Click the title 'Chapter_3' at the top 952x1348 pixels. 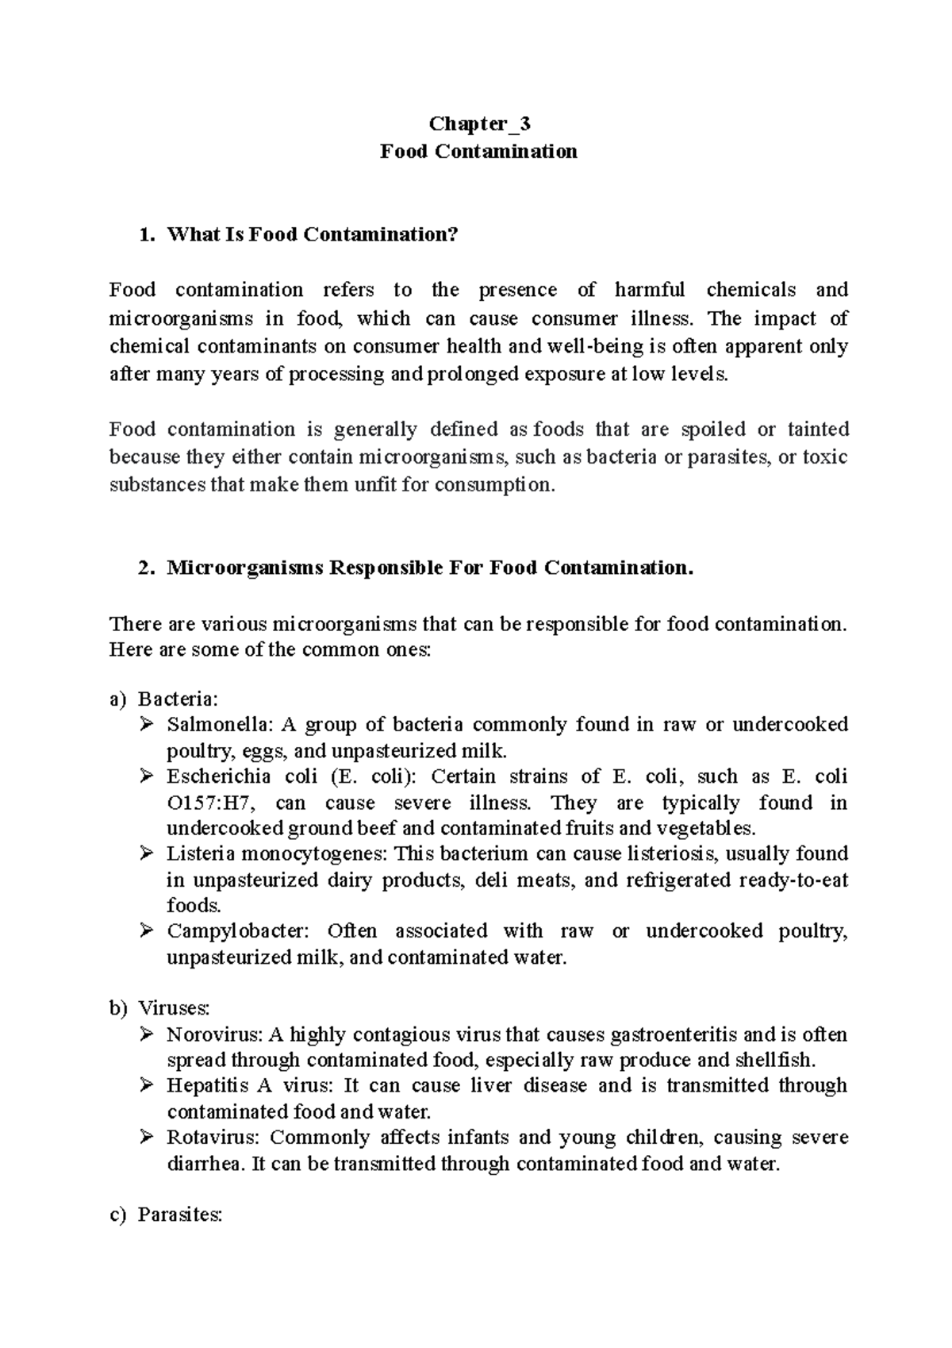(x=479, y=124)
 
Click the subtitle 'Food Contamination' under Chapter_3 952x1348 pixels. (x=478, y=151)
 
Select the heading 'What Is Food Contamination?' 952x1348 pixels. (x=313, y=234)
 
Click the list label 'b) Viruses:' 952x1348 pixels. (x=159, y=1009)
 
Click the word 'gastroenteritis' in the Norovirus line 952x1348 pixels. (x=675, y=1035)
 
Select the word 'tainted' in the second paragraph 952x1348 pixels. (x=817, y=429)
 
